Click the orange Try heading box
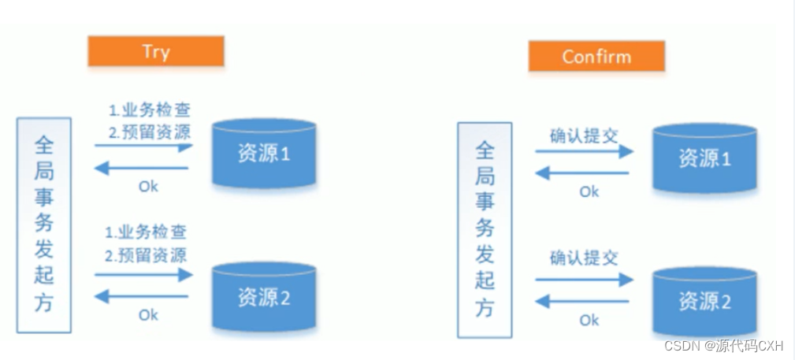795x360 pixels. click(x=156, y=52)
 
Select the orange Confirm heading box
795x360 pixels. click(x=596, y=57)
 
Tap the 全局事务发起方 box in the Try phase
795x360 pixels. click(x=44, y=225)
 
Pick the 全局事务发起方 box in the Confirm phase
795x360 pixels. click(x=485, y=230)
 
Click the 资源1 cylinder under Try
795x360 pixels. click(x=264, y=154)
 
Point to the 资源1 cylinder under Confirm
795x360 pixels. click(x=704, y=158)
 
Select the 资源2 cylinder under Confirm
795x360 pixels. click(x=704, y=301)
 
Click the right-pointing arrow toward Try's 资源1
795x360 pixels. click(x=143, y=147)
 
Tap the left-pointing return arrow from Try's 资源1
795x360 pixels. click(x=142, y=167)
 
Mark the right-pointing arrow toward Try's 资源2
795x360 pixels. click(x=143, y=275)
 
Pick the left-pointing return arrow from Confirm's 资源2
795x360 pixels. click(x=584, y=301)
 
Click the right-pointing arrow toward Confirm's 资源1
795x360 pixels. click(x=584, y=151)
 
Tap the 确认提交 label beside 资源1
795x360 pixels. click(x=584, y=133)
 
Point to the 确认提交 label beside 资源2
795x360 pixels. click(x=584, y=258)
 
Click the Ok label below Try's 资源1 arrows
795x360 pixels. click(x=148, y=187)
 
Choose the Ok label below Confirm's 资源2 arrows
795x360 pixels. click(x=589, y=321)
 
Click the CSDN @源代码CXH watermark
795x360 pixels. click(x=724, y=346)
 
